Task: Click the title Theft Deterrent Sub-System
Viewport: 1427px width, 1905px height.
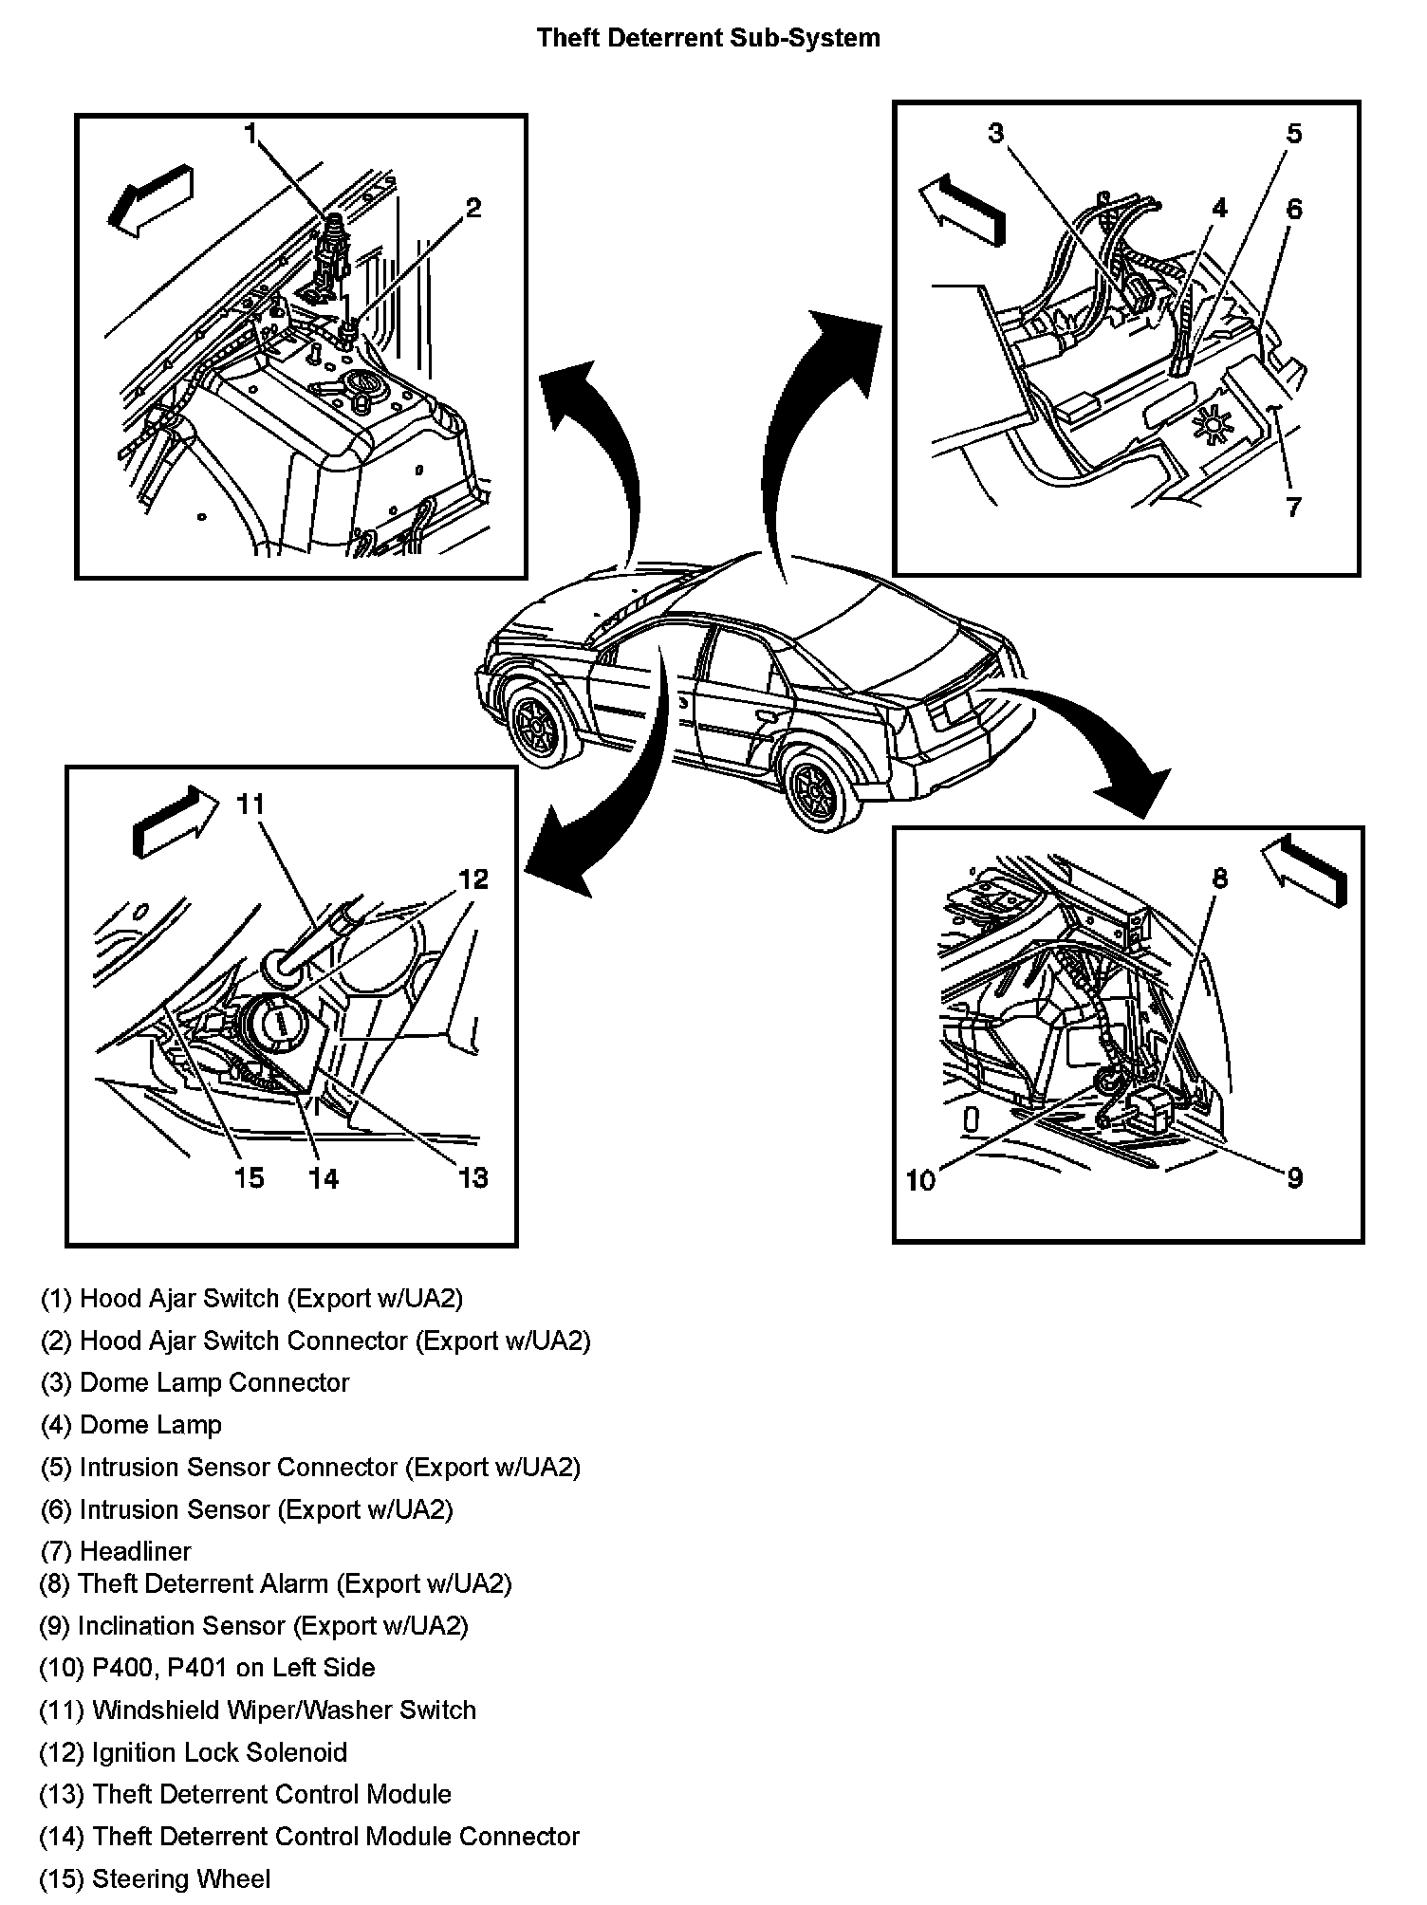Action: (708, 38)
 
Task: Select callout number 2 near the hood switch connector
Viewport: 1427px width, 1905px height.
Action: (473, 207)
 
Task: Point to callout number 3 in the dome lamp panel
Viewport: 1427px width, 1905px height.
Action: (995, 134)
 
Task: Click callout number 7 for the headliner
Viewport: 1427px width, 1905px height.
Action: (1294, 507)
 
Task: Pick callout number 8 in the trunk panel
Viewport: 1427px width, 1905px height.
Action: (1219, 879)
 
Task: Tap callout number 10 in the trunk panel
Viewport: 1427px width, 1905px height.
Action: (920, 1179)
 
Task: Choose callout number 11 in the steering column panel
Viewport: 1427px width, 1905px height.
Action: (250, 804)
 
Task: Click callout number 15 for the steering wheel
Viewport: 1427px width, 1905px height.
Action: (249, 1177)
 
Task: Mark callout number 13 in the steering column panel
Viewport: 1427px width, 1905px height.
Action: (473, 1177)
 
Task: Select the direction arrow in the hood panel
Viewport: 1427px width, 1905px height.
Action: (152, 199)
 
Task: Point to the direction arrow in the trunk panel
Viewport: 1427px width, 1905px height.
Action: (1304, 869)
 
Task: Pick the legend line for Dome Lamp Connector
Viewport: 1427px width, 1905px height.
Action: (195, 1382)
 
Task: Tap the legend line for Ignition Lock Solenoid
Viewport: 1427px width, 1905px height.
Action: (193, 1751)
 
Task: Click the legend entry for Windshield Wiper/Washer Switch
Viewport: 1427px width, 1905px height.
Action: (257, 1710)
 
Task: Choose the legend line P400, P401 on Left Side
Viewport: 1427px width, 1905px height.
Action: (207, 1667)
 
